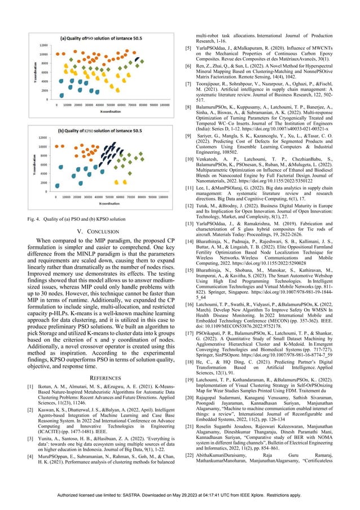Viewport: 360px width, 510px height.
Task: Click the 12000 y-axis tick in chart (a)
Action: (43, 45)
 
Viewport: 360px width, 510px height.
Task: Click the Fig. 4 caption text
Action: (77, 218)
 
